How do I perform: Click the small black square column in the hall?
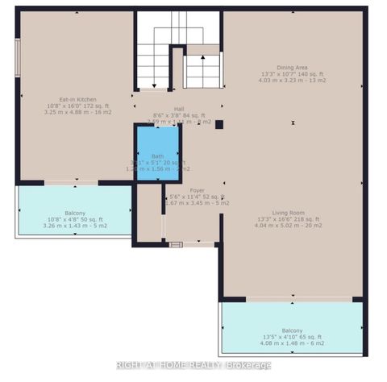218,124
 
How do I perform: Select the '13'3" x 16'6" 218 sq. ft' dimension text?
288,219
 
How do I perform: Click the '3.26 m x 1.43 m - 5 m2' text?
73,225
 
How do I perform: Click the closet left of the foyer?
148,214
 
